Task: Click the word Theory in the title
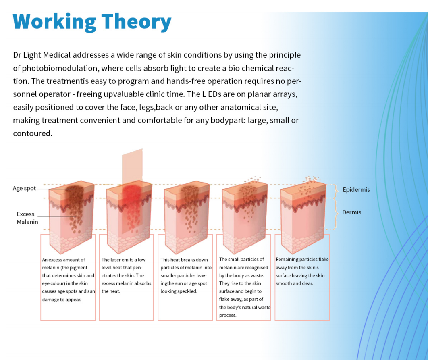tap(137, 22)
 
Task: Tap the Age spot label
tap(24, 189)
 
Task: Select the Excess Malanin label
tap(27, 218)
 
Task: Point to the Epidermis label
tap(356, 190)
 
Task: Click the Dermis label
tap(351, 212)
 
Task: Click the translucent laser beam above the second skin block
tap(132, 166)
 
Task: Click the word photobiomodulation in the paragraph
tap(60, 68)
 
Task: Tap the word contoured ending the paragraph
tap(33, 133)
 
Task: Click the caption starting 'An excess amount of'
tap(68, 279)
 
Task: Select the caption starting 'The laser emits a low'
tap(126, 275)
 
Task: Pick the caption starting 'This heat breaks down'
tap(186, 275)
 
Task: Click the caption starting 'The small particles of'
tap(245, 287)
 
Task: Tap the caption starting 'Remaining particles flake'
tap(302, 271)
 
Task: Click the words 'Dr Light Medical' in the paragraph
tap(42, 55)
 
